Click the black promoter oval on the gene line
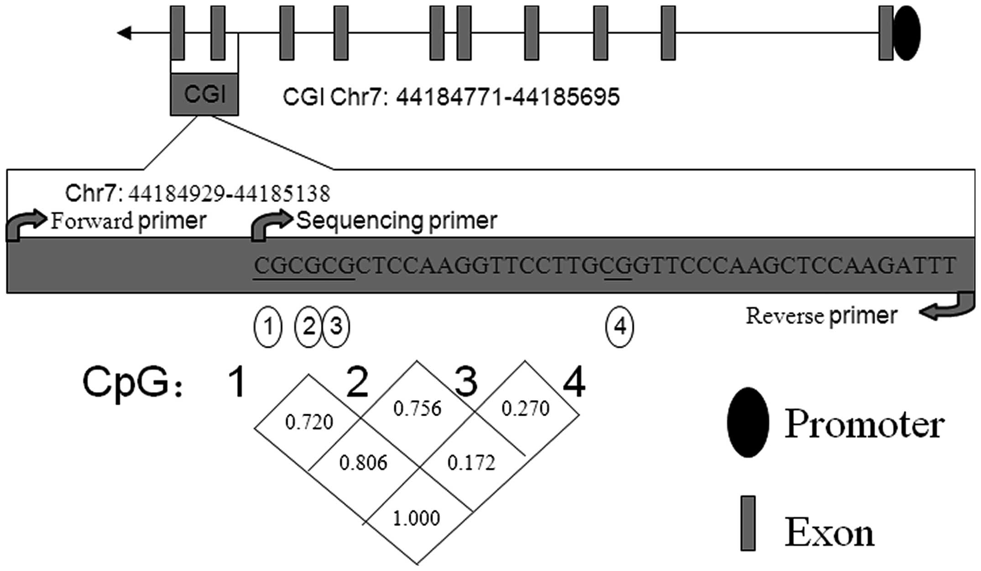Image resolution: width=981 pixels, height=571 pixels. pyautogui.click(x=907, y=33)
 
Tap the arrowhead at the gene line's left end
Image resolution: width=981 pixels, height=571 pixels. pyautogui.click(x=124, y=33)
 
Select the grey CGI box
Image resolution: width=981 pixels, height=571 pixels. pyautogui.click(x=204, y=95)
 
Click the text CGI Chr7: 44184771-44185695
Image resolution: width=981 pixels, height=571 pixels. pyautogui.click(x=451, y=97)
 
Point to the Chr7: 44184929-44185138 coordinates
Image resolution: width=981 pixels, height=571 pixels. pyautogui.click(x=198, y=194)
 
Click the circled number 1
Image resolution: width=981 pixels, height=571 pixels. pyautogui.click(x=268, y=327)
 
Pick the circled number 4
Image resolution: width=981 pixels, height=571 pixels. pyautogui.click(x=619, y=327)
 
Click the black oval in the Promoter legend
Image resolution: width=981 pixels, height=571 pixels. pyautogui.click(x=747, y=423)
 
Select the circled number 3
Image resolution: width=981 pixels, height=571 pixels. pyautogui.click(x=336, y=327)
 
